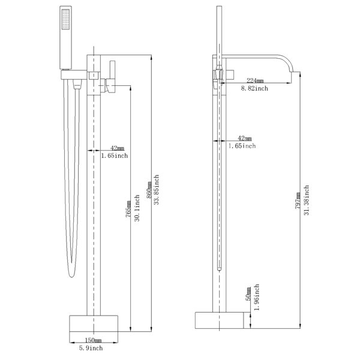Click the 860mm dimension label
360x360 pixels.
pos(149,190)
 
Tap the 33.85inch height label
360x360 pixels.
pos(157,190)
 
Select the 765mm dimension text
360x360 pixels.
pos(128,209)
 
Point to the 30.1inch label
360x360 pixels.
pos(137,208)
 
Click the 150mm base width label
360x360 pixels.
pos(93,340)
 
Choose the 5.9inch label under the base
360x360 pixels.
pos(91,348)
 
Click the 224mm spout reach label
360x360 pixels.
pos(255,80)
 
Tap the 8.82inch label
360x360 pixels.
pos(254,88)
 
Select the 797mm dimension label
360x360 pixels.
pos(298,200)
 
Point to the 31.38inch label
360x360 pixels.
pos(307,200)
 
